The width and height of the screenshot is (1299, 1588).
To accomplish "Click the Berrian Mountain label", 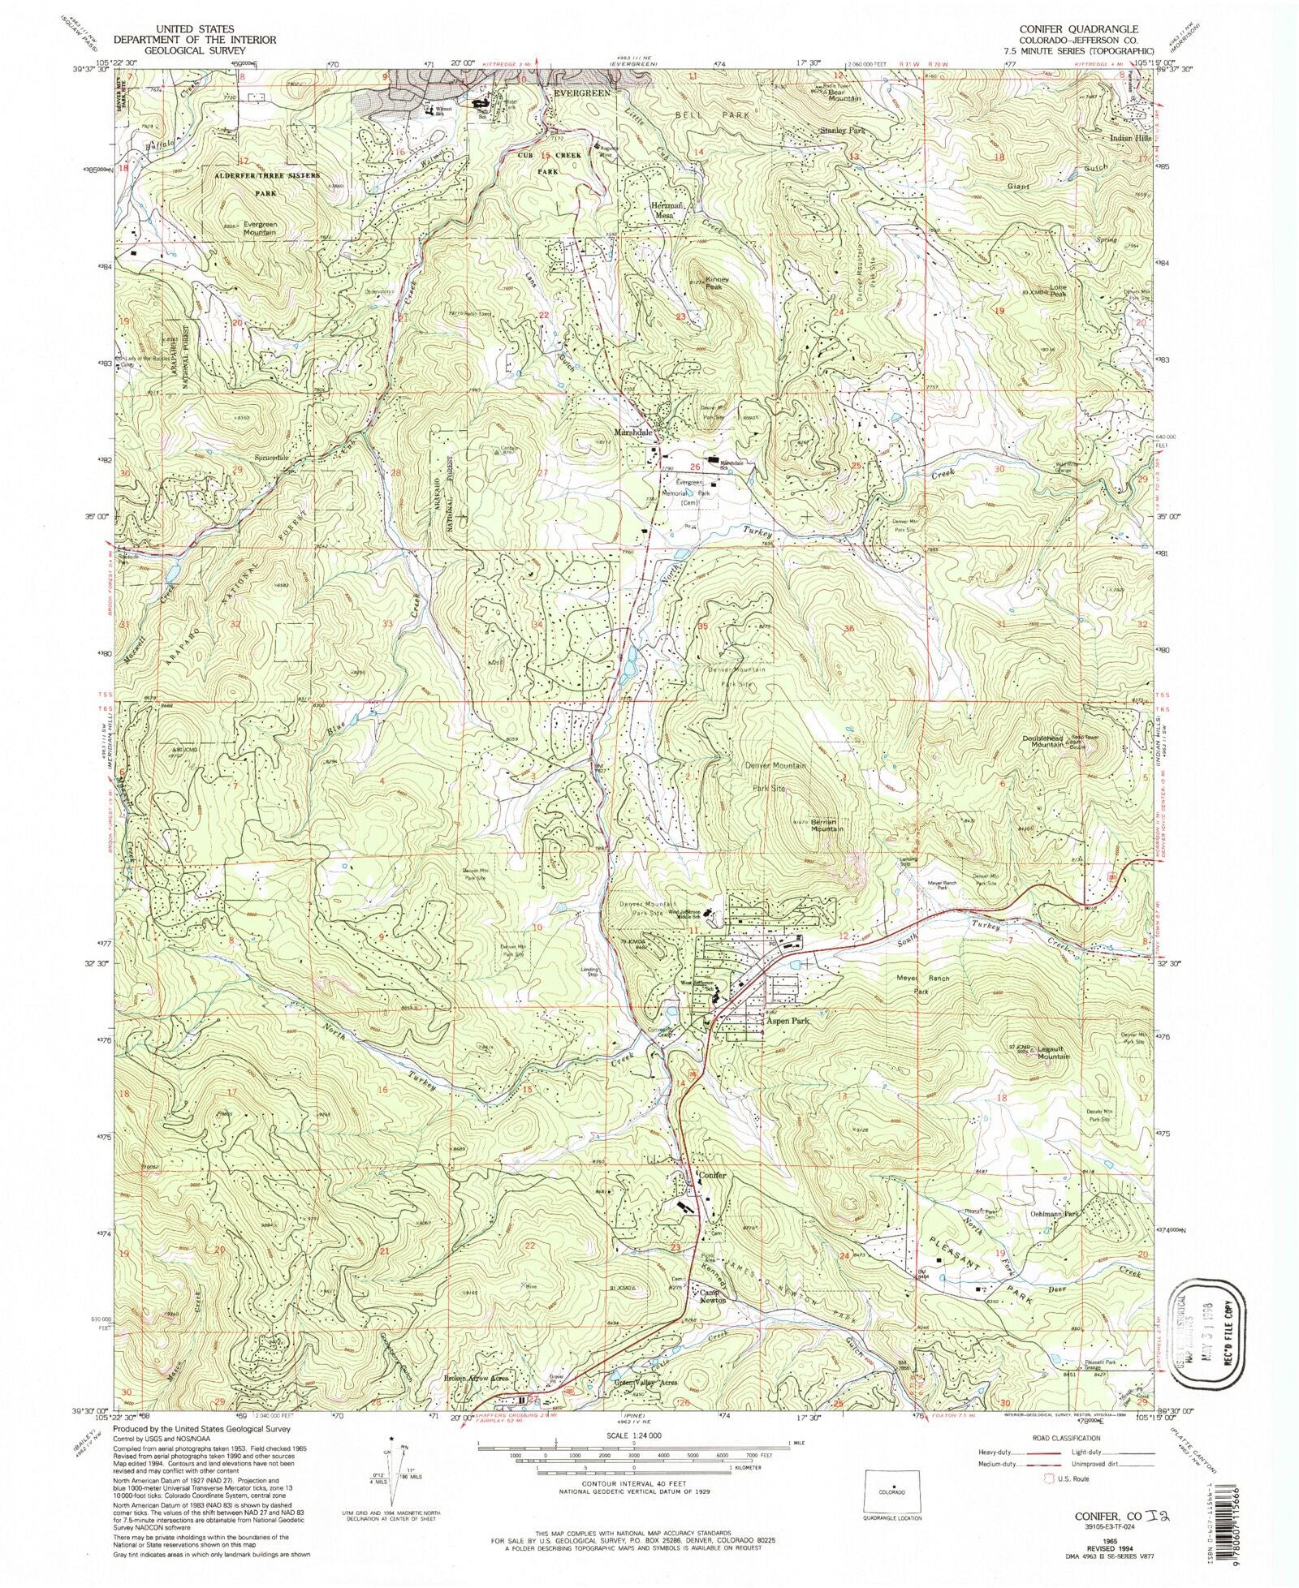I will pos(827,825).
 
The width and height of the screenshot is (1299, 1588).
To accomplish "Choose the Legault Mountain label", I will pos(1053,1053).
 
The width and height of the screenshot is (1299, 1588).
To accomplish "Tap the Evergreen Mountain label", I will pos(248,229).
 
